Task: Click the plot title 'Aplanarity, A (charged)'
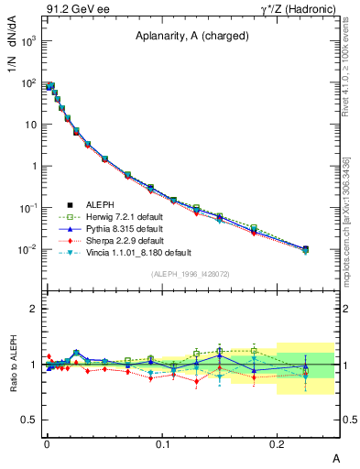coord(191,38)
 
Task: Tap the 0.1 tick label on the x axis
coord(162,443)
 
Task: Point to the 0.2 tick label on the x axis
coord(278,443)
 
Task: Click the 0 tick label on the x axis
coord(47,443)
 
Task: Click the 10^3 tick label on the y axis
coord(27,41)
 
